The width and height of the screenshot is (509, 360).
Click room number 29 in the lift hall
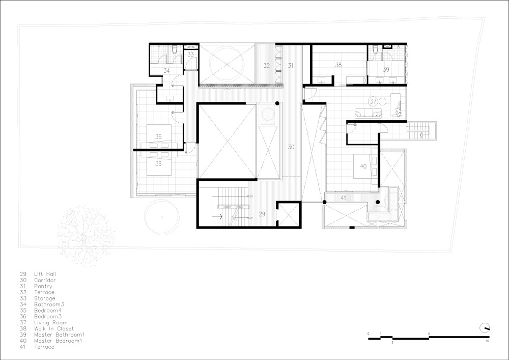pos(262,214)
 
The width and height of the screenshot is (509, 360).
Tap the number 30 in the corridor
pos(291,147)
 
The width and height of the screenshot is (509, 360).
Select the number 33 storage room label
pos(190,54)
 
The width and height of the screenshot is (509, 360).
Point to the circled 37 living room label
pos(373,101)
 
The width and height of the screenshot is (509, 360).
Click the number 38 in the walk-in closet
pos(338,65)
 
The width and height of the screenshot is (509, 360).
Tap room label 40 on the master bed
pos(363,166)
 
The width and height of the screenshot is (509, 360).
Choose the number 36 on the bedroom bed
pos(158,163)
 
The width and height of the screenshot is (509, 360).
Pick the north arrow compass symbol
pos(485,328)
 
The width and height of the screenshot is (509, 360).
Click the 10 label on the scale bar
pos(487,341)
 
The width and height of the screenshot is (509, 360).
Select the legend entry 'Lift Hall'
pos(45,274)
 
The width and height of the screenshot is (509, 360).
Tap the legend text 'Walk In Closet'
pos(54,328)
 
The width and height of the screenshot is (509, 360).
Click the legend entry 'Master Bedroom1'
pos(58,341)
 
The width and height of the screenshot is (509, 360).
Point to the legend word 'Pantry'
pos(43,286)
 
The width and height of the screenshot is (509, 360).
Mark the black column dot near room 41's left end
pos(324,202)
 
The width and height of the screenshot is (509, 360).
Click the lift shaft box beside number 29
pos(289,214)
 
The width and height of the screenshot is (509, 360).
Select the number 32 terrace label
pos(267,66)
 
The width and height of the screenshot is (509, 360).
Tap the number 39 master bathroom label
pos(386,69)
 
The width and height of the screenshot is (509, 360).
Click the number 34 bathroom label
pos(166,70)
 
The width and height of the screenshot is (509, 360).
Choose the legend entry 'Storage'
pos(45,298)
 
